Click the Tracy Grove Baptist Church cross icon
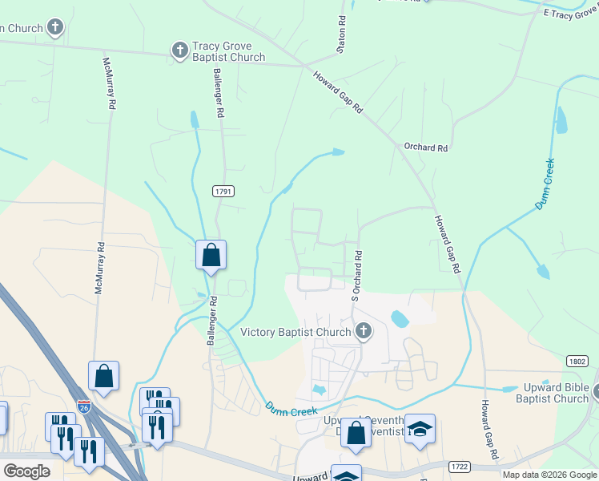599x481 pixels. click(x=179, y=51)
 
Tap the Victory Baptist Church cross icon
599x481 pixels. click(x=363, y=331)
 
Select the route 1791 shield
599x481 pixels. click(x=224, y=191)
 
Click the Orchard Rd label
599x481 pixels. click(x=425, y=148)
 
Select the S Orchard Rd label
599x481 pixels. click(x=358, y=277)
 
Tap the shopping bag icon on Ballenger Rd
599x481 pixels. click(x=211, y=255)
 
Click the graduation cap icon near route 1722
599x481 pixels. click(x=420, y=428)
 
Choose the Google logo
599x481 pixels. click(x=26, y=471)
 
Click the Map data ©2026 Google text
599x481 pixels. click(x=549, y=475)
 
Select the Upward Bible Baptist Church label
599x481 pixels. click(x=553, y=393)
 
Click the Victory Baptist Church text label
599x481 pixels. click(x=296, y=332)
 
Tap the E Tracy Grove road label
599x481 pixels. click(x=570, y=14)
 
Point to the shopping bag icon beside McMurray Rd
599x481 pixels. click(x=104, y=375)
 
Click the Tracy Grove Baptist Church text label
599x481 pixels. click(x=229, y=52)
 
